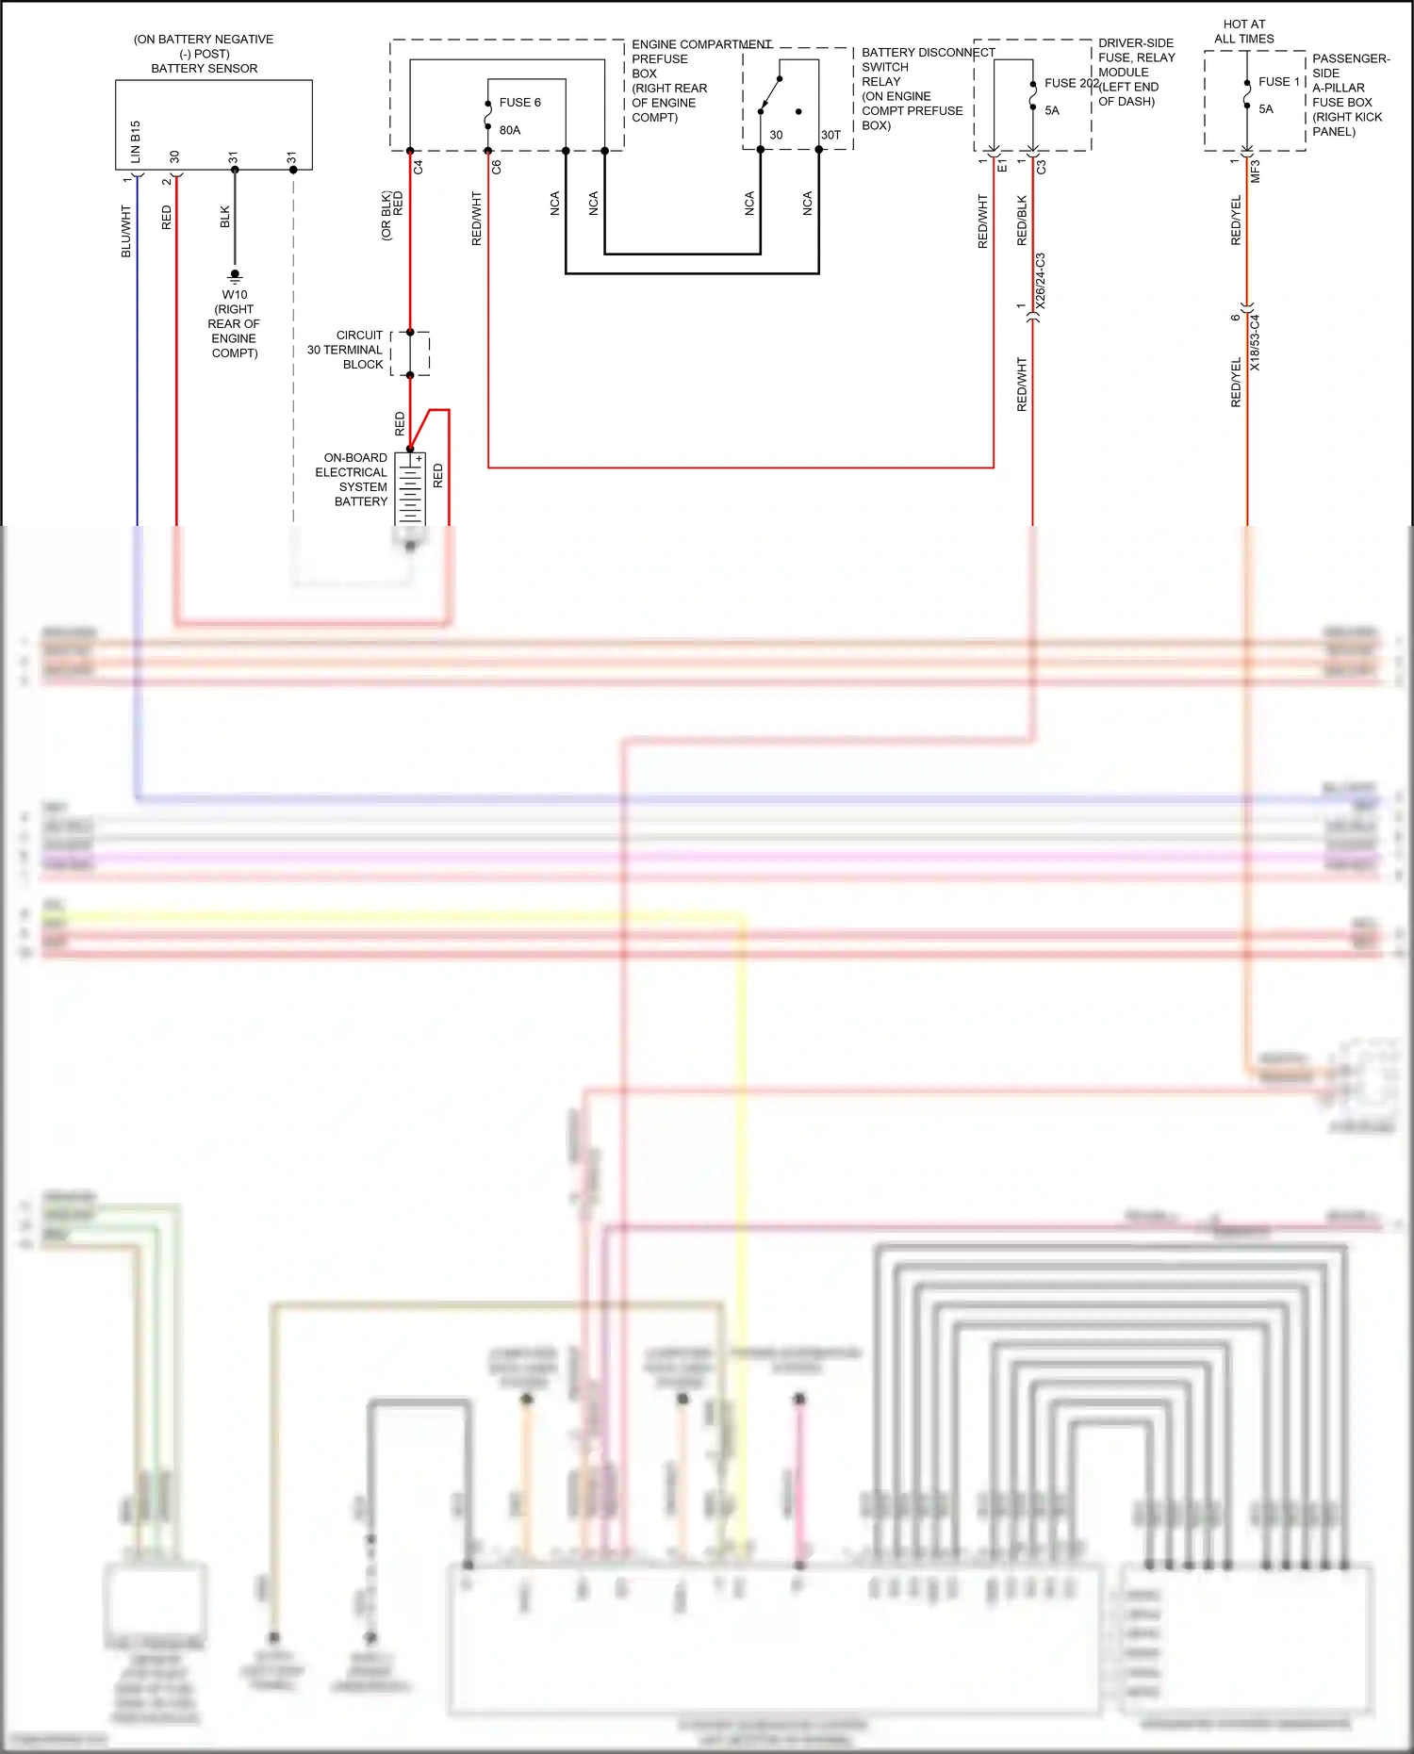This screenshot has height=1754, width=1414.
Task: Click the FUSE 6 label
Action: [x=519, y=102]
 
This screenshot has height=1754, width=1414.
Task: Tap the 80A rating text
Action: [x=510, y=130]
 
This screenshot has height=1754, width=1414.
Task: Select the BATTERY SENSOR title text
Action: [x=204, y=68]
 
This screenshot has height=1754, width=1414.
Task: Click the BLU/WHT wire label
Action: [x=126, y=232]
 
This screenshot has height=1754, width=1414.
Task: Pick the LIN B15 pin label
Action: [x=136, y=141]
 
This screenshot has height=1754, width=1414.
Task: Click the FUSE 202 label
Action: [x=1071, y=83]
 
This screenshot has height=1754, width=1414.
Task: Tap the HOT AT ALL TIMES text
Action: [x=1243, y=31]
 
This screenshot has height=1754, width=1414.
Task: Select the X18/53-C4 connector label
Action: [x=1255, y=342]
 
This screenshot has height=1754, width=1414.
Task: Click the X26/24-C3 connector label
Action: [x=1041, y=281]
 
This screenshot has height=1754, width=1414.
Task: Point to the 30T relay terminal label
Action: [x=830, y=135]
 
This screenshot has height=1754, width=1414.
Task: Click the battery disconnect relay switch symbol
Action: [x=771, y=94]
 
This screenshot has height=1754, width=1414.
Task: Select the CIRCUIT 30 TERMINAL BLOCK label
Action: [x=347, y=350]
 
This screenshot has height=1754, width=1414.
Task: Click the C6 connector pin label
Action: [x=497, y=167]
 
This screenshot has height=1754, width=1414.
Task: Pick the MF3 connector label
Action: [x=1256, y=172]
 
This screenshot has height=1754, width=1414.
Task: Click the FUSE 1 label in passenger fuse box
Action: [x=1278, y=82]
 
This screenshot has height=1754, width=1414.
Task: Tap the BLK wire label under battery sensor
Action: [x=225, y=217]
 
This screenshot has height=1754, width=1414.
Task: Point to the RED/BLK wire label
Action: [x=1023, y=221]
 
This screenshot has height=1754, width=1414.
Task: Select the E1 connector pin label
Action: [x=1002, y=167]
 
